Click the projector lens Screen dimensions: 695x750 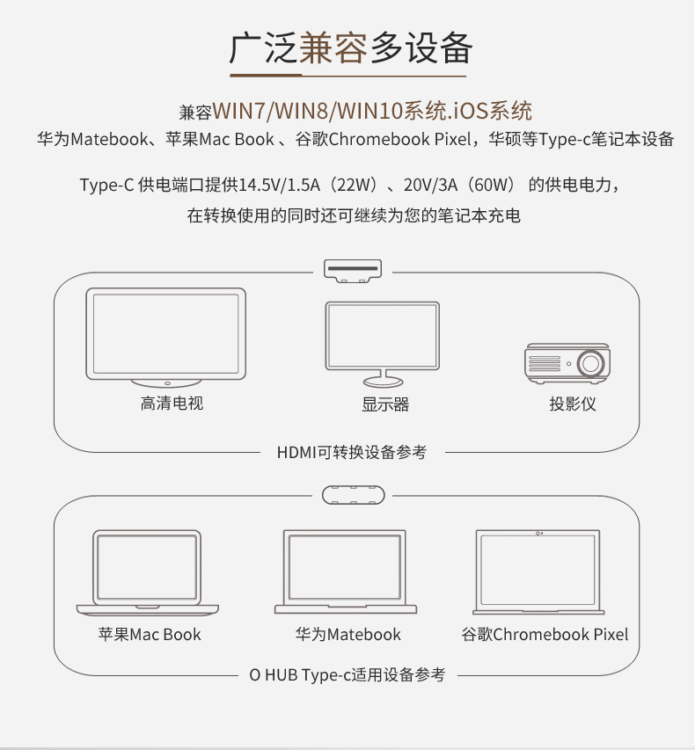tap(590, 363)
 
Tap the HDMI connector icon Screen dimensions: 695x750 tap(353, 271)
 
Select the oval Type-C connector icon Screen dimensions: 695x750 tap(354, 495)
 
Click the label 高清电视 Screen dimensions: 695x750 tap(172, 404)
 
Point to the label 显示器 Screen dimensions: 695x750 tap(385, 404)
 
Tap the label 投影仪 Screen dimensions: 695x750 tap(573, 404)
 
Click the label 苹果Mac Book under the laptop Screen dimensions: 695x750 tap(150, 634)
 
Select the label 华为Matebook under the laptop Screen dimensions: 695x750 tap(348, 634)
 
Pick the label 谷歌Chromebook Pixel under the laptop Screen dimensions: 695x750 tap(545, 634)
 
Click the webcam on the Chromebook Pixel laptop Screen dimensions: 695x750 tap(539, 534)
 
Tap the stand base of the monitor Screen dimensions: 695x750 tap(383, 382)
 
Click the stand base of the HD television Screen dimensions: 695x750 tap(166, 383)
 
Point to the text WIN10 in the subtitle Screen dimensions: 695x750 tap(369, 111)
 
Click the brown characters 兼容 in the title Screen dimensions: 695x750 tap(333, 47)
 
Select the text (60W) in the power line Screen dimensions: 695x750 tap(491, 185)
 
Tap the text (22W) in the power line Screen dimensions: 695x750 tap(355, 185)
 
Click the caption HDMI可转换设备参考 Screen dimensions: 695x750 tap(352, 452)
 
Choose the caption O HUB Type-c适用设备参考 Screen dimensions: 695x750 tap(347, 675)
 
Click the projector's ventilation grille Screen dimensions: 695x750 tap(545, 363)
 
